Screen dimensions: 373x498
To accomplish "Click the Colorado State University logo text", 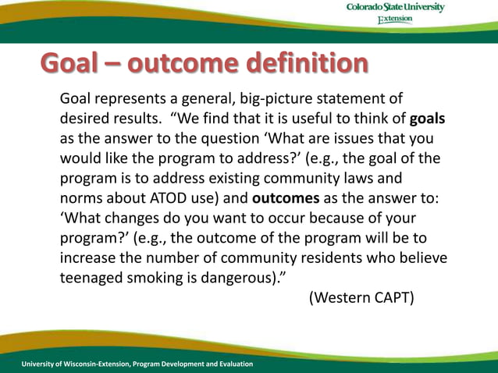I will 395,8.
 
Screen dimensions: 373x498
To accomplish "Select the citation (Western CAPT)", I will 361,297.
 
